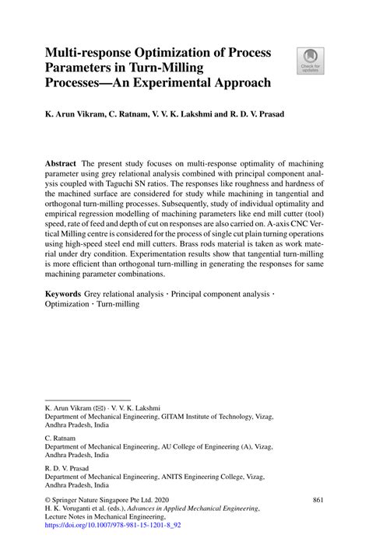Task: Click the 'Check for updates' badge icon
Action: [310, 61]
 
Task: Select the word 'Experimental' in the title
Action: [174, 82]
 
